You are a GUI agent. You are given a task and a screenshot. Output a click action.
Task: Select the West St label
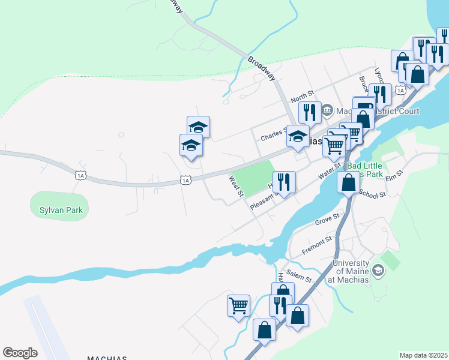pyautogui.click(x=236, y=185)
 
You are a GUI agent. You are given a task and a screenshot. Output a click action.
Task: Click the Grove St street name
pyautogui.click(x=327, y=220)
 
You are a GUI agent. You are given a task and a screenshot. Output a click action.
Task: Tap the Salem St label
pyautogui.click(x=299, y=277)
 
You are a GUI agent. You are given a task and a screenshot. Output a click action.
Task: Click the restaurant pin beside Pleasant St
pyautogui.click(x=284, y=182)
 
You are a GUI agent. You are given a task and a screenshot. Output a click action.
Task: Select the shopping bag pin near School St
pyautogui.click(x=349, y=182)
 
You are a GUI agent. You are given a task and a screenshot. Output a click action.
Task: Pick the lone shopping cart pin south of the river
pyautogui.click(x=238, y=305)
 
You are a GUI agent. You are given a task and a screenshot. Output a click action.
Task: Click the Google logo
pyautogui.click(x=20, y=353)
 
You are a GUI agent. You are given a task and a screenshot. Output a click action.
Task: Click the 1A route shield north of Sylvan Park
pyautogui.click(x=80, y=175)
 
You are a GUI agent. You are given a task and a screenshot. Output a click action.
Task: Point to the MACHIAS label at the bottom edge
pyautogui.click(x=107, y=358)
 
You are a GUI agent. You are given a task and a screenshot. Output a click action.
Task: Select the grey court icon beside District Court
pyautogui.click(x=327, y=110)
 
